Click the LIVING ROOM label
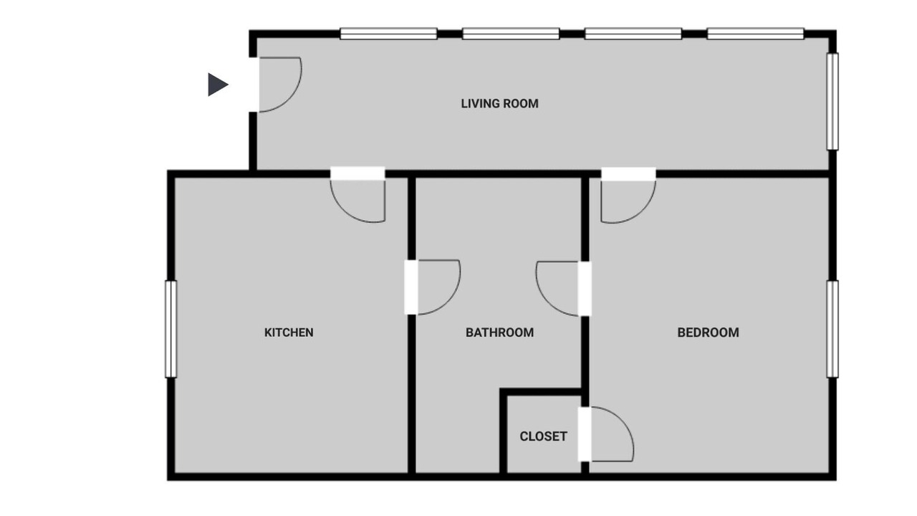[499, 104]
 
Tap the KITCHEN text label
[289, 332]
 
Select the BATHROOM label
[499, 332]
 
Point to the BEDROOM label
[709, 332]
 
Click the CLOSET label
[543, 436]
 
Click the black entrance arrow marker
[218, 85]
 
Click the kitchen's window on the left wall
[171, 329]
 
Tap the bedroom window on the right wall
[832, 329]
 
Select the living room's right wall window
[832, 102]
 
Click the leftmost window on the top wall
[388, 34]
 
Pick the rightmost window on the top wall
[755, 34]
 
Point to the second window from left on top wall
[511, 34]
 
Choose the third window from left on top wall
[633, 34]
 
